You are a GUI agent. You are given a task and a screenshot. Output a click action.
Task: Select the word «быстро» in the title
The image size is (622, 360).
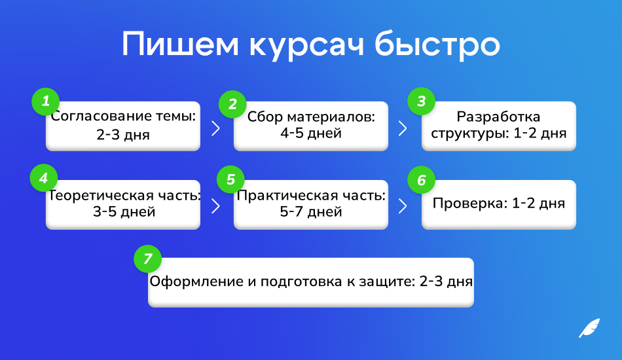pyautogui.click(x=437, y=45)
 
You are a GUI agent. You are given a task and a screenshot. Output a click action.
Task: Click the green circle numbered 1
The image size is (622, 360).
pyautogui.click(x=46, y=101)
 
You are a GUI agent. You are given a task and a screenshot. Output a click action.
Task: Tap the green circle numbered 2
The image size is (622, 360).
pyautogui.click(x=232, y=104)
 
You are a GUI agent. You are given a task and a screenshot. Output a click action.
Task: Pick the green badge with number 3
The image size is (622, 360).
pyautogui.click(x=421, y=101)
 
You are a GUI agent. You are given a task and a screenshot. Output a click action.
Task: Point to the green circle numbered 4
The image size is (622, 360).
pyautogui.click(x=44, y=178)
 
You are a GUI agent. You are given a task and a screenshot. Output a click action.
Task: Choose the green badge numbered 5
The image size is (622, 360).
pyautogui.click(x=230, y=179)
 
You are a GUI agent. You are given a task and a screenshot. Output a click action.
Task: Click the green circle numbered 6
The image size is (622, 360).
pyautogui.click(x=421, y=180)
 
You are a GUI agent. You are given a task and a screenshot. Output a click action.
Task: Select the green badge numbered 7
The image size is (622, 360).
pyautogui.click(x=147, y=259)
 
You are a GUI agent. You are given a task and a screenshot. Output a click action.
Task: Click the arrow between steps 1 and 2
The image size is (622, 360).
pyautogui.click(x=216, y=128)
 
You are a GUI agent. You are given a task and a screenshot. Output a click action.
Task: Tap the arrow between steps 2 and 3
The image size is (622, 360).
pyautogui.click(x=403, y=128)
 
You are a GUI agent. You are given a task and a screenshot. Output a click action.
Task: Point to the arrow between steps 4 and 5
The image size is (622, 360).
pyautogui.click(x=216, y=206)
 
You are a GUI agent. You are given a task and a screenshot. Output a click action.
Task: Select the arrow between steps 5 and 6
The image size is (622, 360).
pyautogui.click(x=403, y=206)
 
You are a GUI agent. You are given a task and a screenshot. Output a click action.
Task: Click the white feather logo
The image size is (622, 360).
pyautogui.click(x=589, y=328)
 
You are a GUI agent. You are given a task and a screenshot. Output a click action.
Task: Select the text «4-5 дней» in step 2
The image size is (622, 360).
pyautogui.click(x=311, y=134)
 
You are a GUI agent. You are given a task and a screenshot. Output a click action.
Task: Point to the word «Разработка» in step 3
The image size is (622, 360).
pyautogui.click(x=498, y=117)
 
